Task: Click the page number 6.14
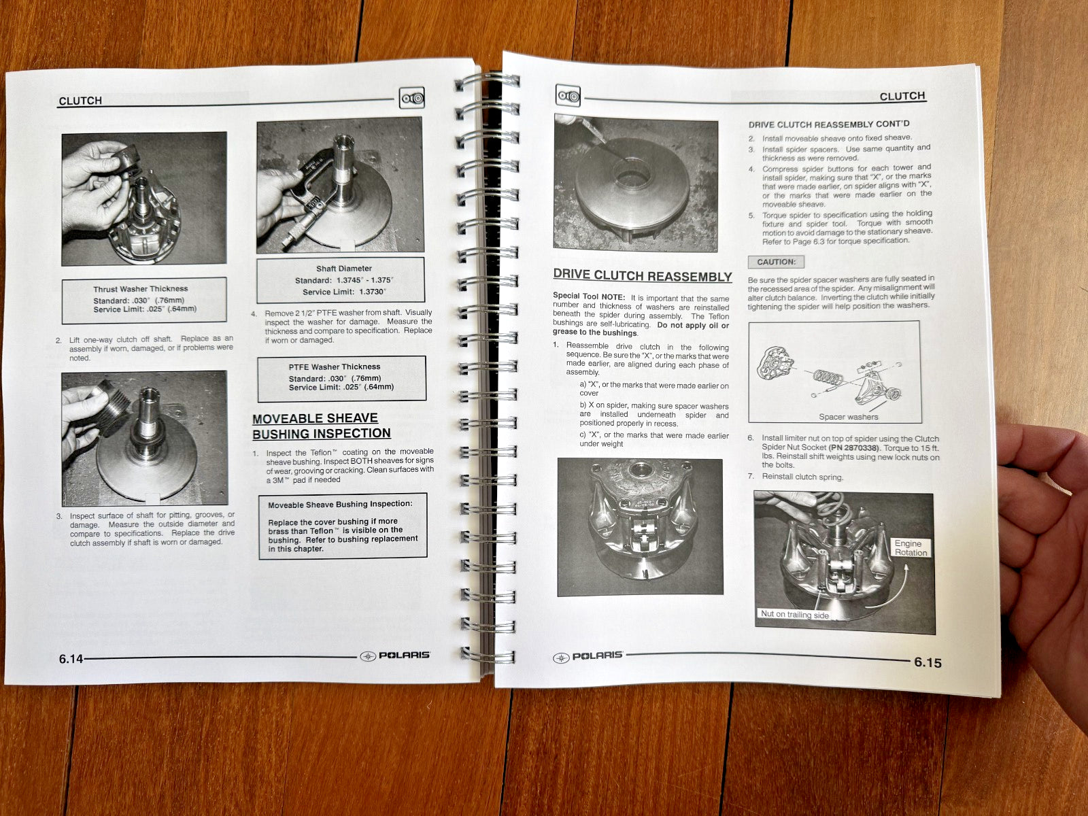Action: [x=70, y=658]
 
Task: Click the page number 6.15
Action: [x=928, y=662]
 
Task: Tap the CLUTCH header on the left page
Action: [x=80, y=101]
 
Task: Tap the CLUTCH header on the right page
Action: [x=902, y=96]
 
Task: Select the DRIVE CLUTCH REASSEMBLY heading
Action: [x=642, y=276]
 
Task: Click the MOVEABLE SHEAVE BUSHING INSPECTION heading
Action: [x=321, y=426]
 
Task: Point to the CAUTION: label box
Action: [x=776, y=262]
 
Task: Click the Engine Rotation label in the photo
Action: [x=910, y=547]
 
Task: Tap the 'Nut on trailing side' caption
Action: [x=794, y=614]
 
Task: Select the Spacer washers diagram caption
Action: [x=848, y=417]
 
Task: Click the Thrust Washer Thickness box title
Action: [x=141, y=289]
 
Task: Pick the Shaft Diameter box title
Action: [x=344, y=269]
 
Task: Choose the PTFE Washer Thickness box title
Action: [x=334, y=367]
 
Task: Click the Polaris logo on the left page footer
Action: [x=395, y=656]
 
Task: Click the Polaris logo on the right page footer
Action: [x=589, y=656]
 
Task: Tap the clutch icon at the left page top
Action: [x=411, y=98]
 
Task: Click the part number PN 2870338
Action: [x=860, y=447]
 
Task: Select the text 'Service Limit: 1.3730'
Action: [x=344, y=292]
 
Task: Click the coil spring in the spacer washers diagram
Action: [x=828, y=376]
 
